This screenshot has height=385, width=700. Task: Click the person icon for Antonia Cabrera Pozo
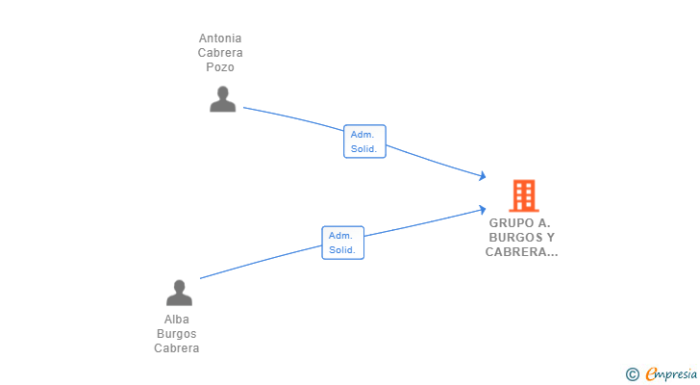tap(223, 99)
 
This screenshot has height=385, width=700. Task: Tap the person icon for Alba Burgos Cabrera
tap(179, 293)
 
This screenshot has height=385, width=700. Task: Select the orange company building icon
tap(524, 195)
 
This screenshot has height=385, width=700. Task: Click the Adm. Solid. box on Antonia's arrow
tap(364, 141)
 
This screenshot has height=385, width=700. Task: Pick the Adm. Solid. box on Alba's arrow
tap(343, 243)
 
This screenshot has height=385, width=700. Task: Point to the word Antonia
tap(220, 38)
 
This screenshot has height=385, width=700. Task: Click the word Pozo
tap(220, 67)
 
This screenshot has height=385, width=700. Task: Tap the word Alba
tap(177, 320)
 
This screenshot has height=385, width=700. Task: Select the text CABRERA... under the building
tap(521, 252)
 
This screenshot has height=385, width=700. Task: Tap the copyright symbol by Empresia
tap(632, 374)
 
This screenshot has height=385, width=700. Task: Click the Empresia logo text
tap(671, 373)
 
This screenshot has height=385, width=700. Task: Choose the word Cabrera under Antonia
tap(220, 53)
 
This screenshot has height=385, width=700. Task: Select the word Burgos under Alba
tap(177, 334)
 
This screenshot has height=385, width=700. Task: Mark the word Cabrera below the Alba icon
tap(177, 347)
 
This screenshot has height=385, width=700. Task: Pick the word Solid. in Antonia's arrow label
tap(363, 149)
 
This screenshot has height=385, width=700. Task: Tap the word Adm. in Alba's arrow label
tap(340, 236)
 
